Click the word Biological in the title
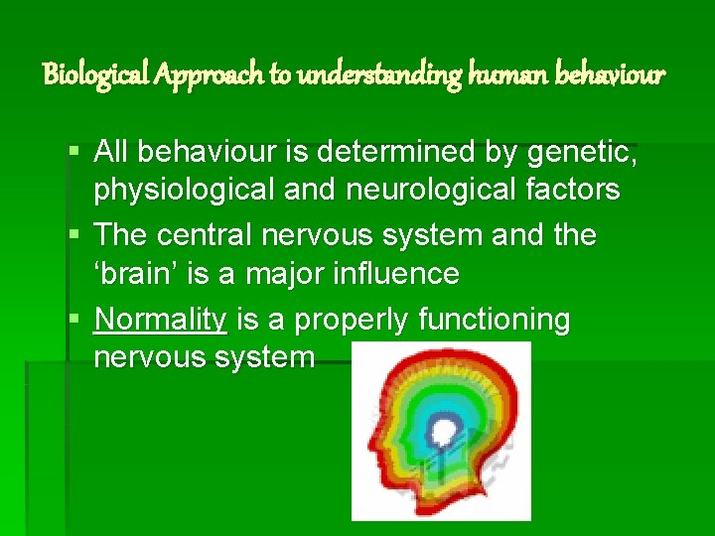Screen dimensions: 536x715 pos(94,74)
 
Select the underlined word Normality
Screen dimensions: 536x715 pos(160,320)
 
